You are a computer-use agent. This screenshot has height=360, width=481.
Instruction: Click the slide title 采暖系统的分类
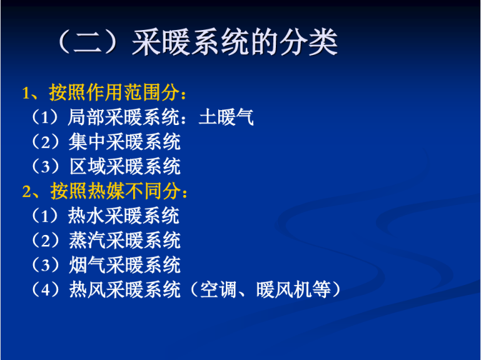pos(235,42)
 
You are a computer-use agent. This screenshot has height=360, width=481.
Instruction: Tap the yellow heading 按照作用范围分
pos(114,92)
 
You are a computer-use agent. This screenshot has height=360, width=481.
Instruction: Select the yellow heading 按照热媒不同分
pos(115,191)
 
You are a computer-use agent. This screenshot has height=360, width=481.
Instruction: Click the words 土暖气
pos(226,117)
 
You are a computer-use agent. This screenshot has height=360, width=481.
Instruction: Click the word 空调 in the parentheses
pos(218,289)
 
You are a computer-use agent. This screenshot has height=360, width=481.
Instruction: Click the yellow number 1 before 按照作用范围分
pos(26,92)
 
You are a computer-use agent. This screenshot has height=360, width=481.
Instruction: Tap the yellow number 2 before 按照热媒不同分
pos(27,191)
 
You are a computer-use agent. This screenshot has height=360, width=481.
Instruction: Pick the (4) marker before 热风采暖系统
pos(46,289)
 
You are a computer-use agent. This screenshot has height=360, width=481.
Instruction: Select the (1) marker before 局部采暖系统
pos(46,117)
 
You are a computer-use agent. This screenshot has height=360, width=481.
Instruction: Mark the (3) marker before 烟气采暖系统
pos(46,264)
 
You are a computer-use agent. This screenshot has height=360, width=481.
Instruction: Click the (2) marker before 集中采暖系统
pos(46,142)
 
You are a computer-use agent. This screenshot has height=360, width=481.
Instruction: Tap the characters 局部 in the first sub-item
pos(86,117)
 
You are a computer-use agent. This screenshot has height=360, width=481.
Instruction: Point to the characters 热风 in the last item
pos(87,289)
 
